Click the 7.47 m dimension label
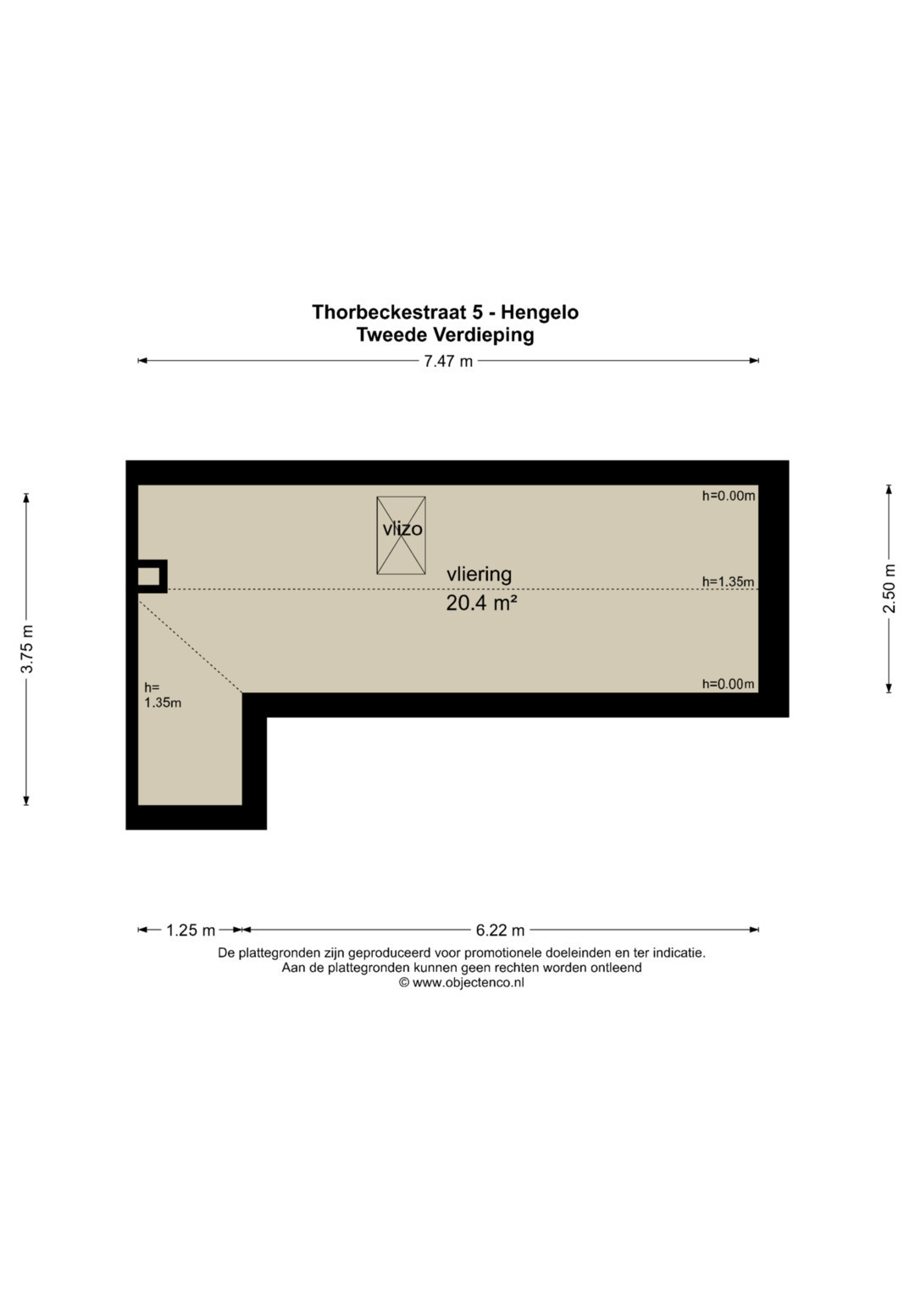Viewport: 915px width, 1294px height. pos(448,361)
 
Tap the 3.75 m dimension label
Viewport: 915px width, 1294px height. pos(27,649)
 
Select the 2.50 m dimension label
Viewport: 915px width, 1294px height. pos(889,588)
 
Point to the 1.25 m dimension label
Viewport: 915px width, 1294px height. pos(190,930)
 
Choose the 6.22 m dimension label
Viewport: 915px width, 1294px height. pos(500,930)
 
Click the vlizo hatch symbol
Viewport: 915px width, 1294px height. pos(401,535)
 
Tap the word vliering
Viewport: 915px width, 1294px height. pos(479,575)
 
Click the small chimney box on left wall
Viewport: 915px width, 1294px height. pos(152,576)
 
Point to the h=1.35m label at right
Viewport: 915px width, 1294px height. pos(728,581)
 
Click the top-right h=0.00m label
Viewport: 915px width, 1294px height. pos(729,496)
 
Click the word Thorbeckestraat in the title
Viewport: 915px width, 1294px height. pos(390,313)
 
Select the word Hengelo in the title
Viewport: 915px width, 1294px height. pos(540,313)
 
